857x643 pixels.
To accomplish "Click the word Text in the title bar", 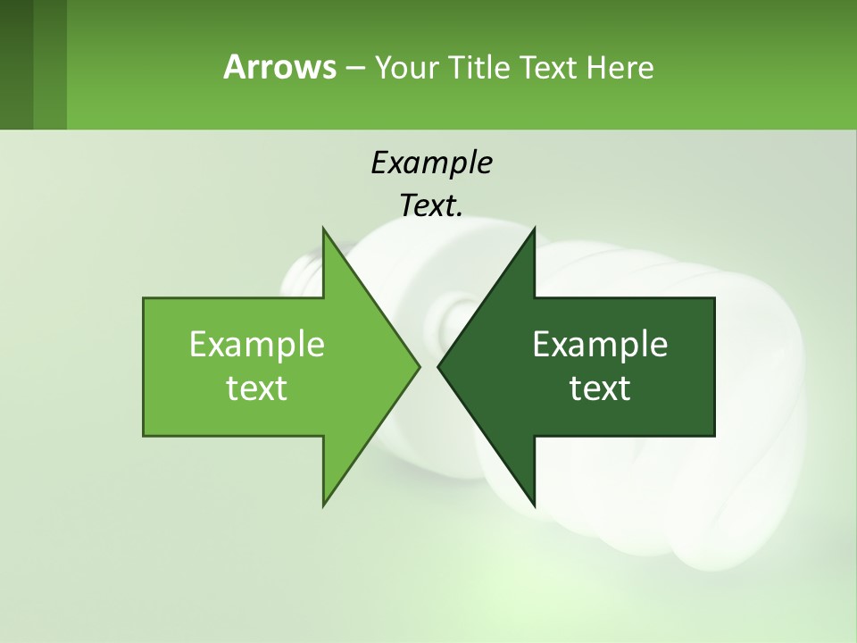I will click(548, 67).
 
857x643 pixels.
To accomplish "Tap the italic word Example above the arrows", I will click(431, 163).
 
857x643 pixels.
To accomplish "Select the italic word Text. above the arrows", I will click(431, 205).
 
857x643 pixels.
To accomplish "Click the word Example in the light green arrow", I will click(257, 345).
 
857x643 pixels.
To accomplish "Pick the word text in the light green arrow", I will click(257, 388).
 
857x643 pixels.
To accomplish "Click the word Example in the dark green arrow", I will click(600, 345).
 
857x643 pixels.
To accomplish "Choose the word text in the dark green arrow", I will click(600, 388).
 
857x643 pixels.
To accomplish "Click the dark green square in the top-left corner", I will click(16, 64).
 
